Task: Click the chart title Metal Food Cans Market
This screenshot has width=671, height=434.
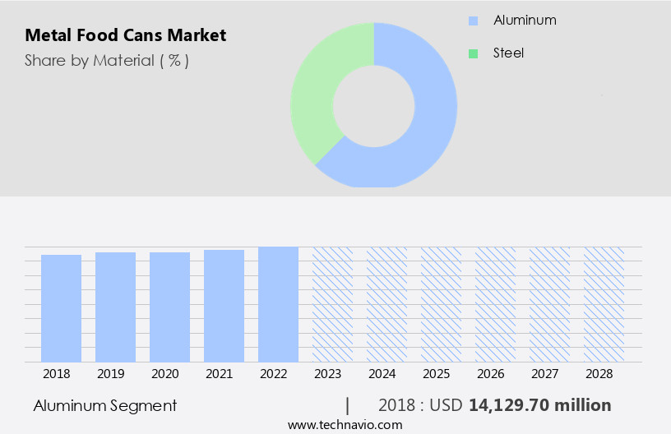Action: (x=125, y=35)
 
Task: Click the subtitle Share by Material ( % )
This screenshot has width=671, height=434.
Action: (x=107, y=60)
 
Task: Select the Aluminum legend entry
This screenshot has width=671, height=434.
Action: (x=524, y=20)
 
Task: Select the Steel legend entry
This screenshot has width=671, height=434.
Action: (x=507, y=53)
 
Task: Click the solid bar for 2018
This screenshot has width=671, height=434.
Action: (x=61, y=308)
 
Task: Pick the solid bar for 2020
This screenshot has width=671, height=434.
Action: (x=169, y=307)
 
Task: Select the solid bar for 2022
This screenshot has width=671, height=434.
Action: (x=278, y=304)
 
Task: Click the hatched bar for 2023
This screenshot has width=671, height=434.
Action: (x=332, y=304)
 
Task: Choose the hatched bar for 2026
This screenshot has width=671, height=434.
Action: (x=495, y=304)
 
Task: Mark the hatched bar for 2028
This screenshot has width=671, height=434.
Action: (x=604, y=304)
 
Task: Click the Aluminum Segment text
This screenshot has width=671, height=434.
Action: (x=104, y=405)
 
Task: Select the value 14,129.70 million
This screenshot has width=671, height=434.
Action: (x=539, y=405)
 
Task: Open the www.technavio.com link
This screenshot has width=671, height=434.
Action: (x=345, y=425)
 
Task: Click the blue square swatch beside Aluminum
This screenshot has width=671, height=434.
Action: (x=473, y=20)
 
